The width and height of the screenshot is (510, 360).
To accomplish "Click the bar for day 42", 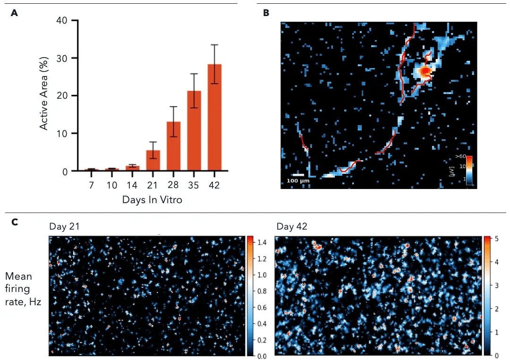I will [214, 118].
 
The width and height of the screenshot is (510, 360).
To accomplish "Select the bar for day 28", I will [174, 146].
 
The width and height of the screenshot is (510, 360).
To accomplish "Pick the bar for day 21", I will [153, 161].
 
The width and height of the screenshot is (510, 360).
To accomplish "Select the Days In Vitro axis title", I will [152, 200].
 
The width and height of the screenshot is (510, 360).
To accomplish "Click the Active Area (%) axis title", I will [44, 95].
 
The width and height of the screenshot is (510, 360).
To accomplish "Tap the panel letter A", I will [14, 13].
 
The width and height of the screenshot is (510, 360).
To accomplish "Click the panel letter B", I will [266, 13].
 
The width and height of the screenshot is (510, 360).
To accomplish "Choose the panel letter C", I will [14, 222].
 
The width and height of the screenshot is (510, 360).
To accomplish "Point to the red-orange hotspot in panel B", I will [425, 71].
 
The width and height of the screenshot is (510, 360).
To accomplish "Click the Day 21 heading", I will [64, 227].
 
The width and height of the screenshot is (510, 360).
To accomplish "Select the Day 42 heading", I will [292, 227].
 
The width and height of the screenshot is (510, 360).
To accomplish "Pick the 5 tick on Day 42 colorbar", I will [496, 238].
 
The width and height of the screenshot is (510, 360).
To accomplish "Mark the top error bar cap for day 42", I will [214, 45].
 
